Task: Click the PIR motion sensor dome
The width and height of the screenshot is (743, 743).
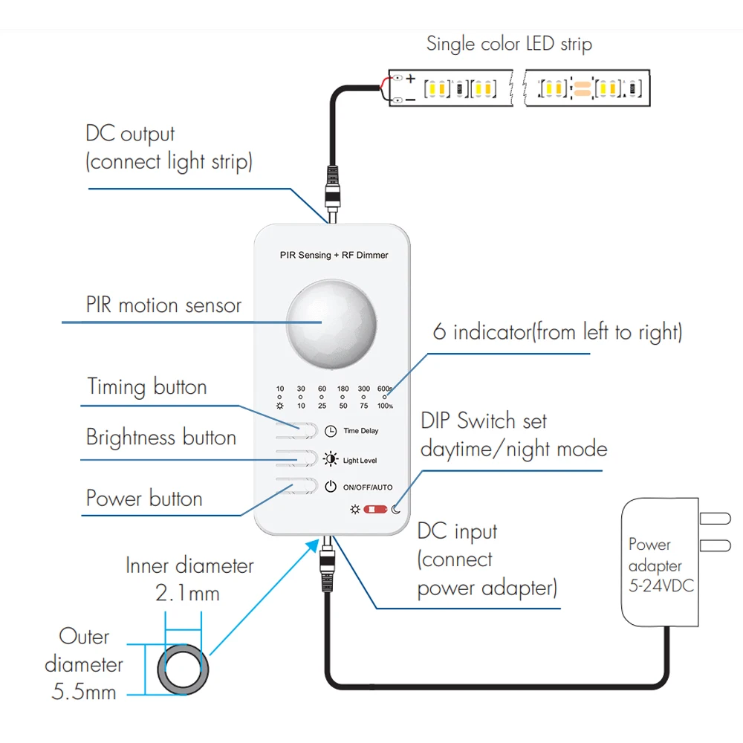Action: click(x=331, y=324)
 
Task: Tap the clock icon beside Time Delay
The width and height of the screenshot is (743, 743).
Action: click(x=331, y=431)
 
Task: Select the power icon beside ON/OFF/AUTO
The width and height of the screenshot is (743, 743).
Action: click(x=331, y=487)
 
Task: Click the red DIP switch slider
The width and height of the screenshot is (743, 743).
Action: click(x=375, y=510)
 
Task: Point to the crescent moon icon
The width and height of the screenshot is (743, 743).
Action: click(x=396, y=510)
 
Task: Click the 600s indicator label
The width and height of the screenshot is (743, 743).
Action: click(x=385, y=389)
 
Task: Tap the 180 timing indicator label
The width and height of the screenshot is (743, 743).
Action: click(x=343, y=389)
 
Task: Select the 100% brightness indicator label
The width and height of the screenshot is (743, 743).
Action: click(x=385, y=406)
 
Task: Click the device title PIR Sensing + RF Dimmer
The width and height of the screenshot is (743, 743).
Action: click(x=334, y=255)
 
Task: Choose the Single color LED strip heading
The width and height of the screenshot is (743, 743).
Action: click(x=510, y=44)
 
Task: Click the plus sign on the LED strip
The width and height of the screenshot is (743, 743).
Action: click(x=410, y=79)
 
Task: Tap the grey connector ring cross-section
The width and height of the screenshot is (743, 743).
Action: click(x=183, y=669)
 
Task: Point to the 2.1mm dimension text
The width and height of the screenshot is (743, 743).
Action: click(x=188, y=593)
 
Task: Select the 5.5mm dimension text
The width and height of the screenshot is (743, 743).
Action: click(x=84, y=692)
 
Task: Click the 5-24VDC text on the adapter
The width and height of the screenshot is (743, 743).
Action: click(x=661, y=585)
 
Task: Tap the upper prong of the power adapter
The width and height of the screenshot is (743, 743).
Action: click(x=715, y=519)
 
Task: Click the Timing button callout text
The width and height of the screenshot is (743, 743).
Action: click(x=147, y=386)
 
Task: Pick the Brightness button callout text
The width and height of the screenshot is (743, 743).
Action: click(x=161, y=437)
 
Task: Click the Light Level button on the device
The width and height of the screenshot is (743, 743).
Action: click(x=296, y=458)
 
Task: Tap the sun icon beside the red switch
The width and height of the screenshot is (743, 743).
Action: click(x=355, y=510)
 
